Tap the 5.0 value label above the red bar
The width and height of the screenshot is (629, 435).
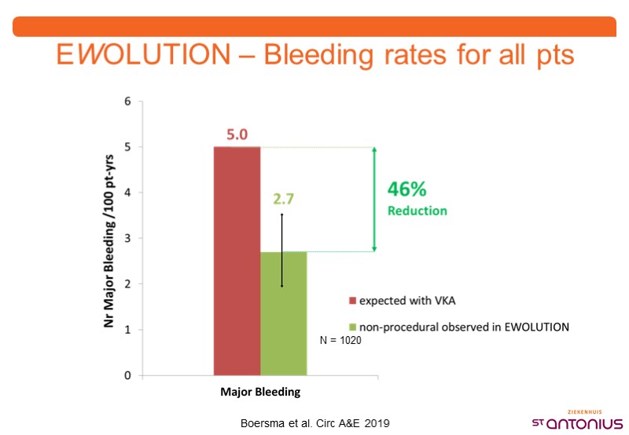tap(237, 135)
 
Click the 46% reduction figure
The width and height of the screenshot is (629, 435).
tap(406, 190)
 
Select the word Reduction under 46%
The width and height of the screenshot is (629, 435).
tap(417, 210)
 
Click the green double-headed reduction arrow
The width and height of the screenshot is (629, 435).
tap(375, 199)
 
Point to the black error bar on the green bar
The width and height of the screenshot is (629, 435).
tap(281, 250)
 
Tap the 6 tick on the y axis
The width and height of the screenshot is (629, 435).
tap(128, 101)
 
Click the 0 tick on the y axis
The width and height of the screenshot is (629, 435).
tap(128, 375)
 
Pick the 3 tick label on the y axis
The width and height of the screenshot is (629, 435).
tap(128, 238)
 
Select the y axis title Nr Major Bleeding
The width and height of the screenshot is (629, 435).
tap(111, 239)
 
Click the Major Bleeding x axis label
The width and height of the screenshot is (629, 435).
tap(260, 390)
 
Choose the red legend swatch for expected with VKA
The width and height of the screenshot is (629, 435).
tap(353, 300)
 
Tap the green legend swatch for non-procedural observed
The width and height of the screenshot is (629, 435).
tap(353, 326)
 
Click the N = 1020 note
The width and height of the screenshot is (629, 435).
tap(340, 342)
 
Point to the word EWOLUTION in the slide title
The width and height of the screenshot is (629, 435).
tap(142, 57)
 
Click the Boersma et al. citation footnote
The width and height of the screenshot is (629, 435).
tap(314, 422)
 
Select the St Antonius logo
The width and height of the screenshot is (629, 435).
tap(578, 420)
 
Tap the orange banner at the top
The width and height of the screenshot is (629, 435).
tap(314, 26)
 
